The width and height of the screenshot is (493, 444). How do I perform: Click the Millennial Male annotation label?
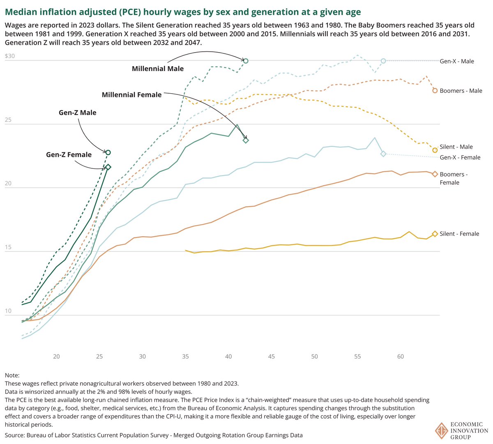(x=158, y=69)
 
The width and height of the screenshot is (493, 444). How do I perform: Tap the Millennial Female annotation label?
(x=131, y=94)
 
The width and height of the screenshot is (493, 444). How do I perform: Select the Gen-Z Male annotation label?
(x=77, y=113)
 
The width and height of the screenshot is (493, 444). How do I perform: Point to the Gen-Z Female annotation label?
(x=69, y=154)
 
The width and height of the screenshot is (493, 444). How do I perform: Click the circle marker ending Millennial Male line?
(x=246, y=61)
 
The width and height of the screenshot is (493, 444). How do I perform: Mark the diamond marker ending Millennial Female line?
(x=246, y=140)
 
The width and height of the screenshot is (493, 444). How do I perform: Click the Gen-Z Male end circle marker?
(x=108, y=152)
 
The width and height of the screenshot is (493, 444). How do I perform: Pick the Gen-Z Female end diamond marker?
(x=108, y=167)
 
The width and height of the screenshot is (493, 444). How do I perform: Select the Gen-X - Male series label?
(x=457, y=61)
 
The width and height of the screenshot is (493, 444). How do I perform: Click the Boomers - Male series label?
(x=461, y=91)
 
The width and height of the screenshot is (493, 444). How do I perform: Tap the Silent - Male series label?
(x=456, y=147)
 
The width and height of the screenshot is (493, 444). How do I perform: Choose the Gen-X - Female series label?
(x=460, y=157)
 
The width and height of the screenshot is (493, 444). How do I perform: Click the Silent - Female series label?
(x=459, y=234)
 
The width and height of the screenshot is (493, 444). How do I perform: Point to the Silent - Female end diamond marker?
(x=435, y=234)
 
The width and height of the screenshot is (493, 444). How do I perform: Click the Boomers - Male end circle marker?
(x=435, y=91)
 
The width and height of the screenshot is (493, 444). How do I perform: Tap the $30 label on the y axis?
(x=9, y=56)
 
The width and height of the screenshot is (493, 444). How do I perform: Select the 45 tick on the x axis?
(x=272, y=357)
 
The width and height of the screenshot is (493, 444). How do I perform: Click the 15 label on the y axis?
(x=8, y=248)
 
